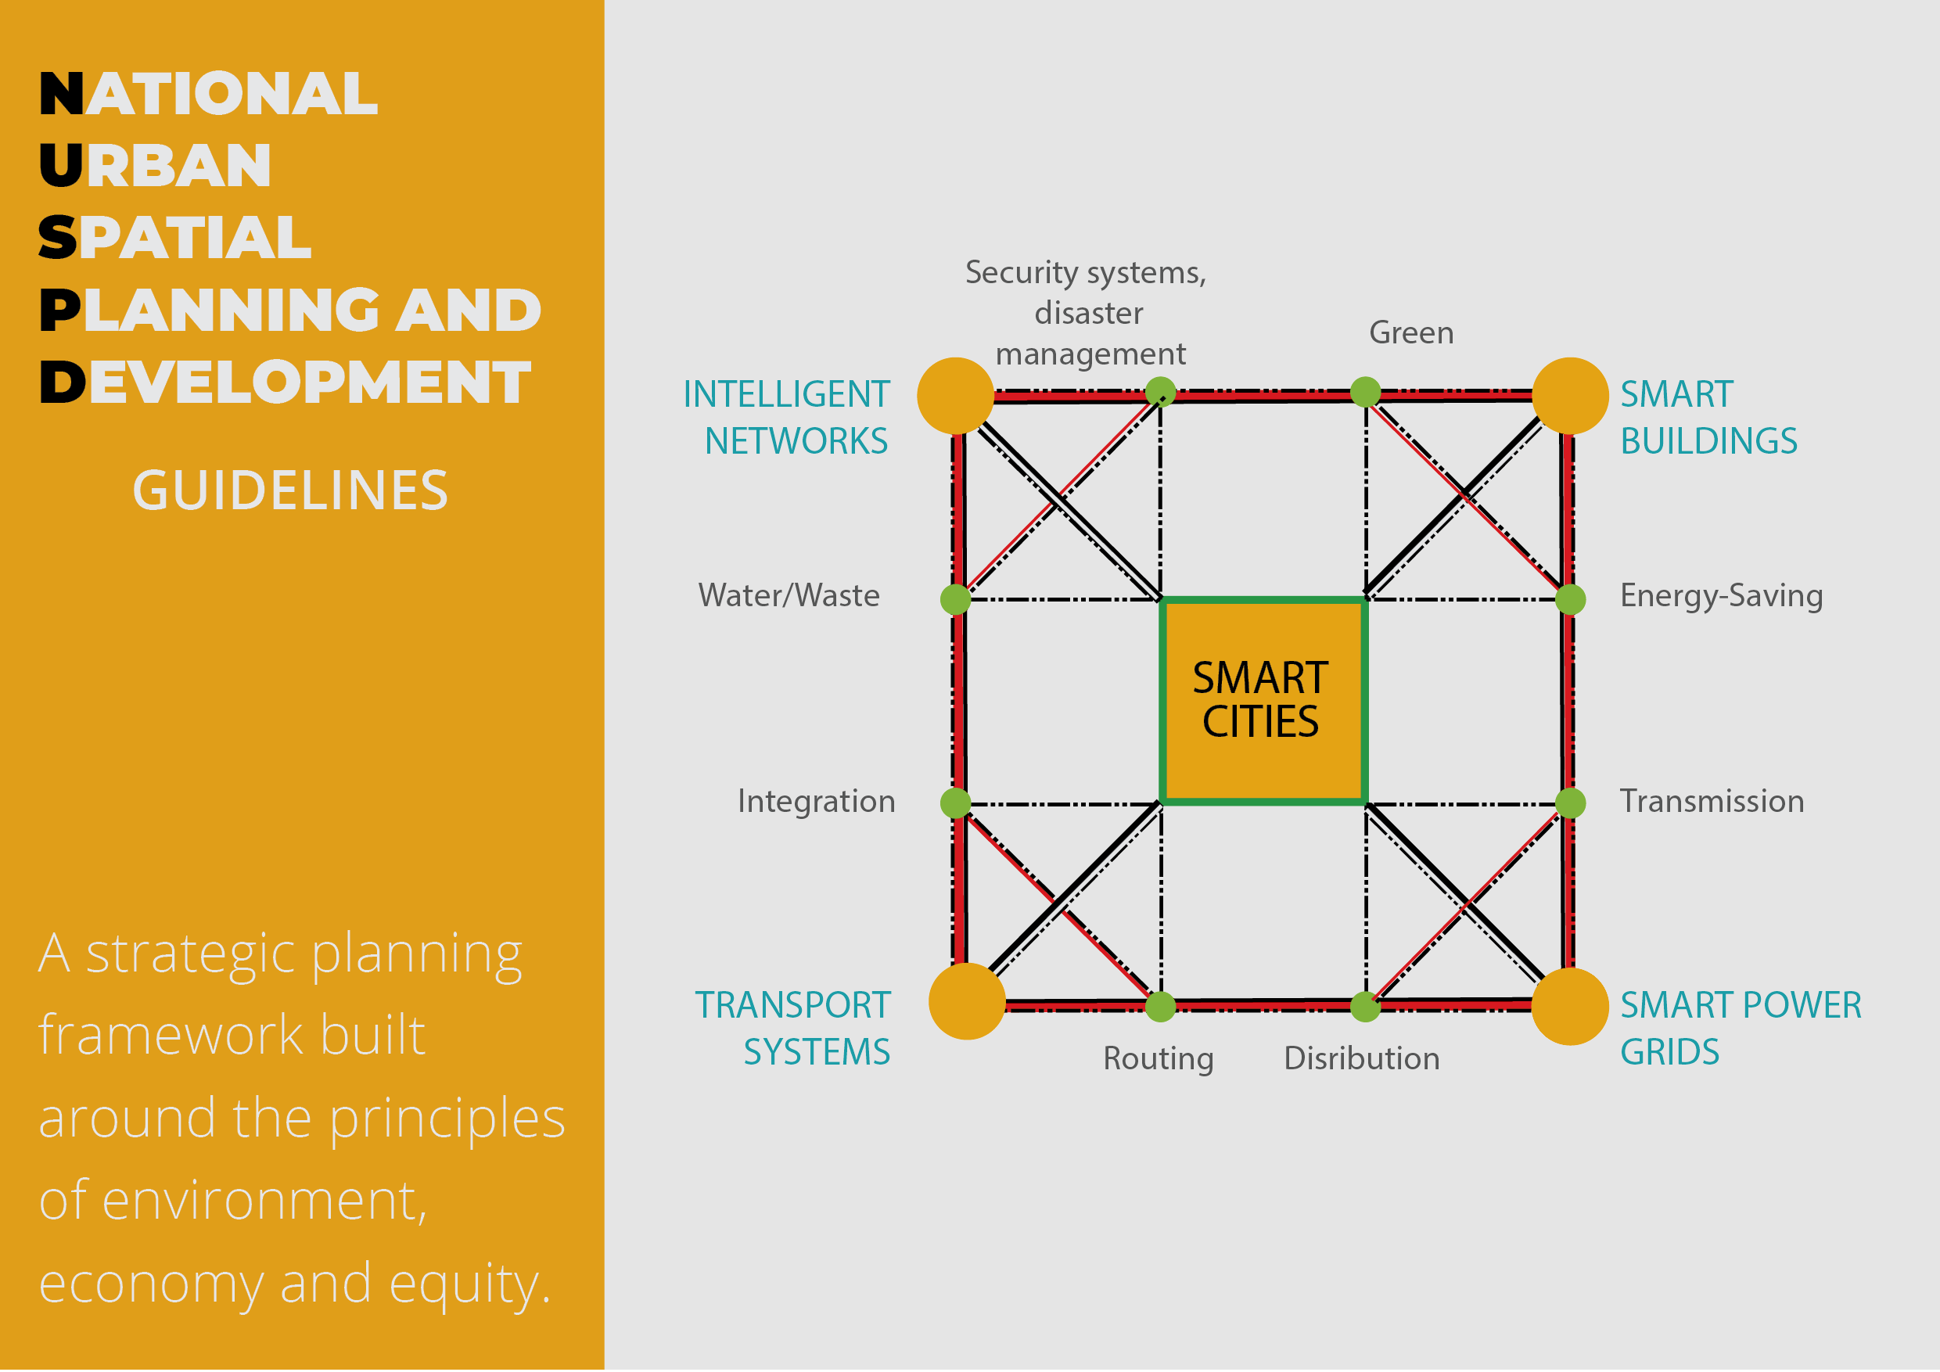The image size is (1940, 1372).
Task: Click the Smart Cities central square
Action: (1263, 700)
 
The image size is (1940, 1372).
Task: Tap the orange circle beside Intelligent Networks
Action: (955, 395)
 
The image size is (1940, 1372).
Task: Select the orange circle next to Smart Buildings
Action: (1570, 395)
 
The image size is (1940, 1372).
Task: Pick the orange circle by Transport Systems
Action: (967, 1001)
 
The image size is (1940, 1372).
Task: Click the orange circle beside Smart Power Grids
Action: (1570, 1006)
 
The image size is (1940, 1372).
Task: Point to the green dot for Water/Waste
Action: (955, 599)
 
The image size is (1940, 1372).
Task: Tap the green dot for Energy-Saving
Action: (1570, 599)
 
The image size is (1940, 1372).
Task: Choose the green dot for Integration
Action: (955, 803)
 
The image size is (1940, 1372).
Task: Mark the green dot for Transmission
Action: (1570, 803)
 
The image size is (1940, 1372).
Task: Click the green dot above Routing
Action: (1160, 1006)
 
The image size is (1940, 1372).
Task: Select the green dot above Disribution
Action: (1366, 1006)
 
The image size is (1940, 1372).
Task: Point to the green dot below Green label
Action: (1366, 391)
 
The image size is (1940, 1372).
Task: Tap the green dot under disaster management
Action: (1160, 391)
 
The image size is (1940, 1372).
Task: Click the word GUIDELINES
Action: (289, 491)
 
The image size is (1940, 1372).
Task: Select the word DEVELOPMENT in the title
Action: (285, 382)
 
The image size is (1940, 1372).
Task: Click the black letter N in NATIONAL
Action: (61, 93)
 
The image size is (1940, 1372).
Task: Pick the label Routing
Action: (1159, 1058)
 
